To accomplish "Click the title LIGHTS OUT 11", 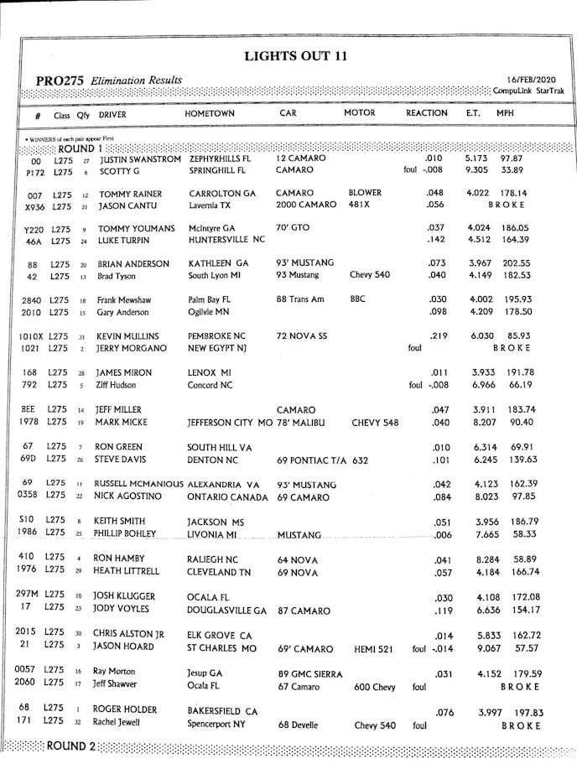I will (x=295, y=57).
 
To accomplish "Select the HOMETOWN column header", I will (x=210, y=113).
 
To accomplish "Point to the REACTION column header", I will (x=427, y=113).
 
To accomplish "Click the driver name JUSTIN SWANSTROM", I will (x=140, y=158).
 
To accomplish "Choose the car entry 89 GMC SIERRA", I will (x=310, y=673).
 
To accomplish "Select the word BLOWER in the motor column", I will (x=365, y=193).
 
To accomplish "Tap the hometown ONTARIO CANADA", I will (x=227, y=497).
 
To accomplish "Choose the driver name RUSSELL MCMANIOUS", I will (x=138, y=484).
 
